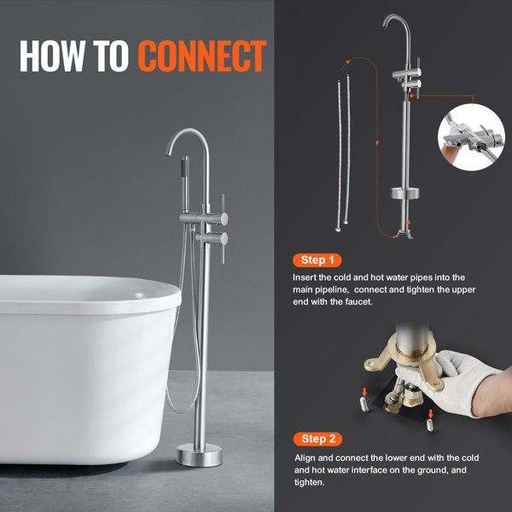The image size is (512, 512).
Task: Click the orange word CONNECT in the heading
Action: coord(201,55)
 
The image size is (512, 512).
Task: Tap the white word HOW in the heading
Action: coord(52,55)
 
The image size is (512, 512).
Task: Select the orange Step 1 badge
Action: coord(317,260)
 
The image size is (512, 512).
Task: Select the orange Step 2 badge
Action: coord(317,439)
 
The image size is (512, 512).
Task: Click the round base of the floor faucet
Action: coord(200,455)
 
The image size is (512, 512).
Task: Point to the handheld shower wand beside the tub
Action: coord(185,184)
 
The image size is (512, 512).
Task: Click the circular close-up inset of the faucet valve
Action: coord(471,137)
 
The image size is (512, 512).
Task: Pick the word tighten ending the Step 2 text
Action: coord(309,482)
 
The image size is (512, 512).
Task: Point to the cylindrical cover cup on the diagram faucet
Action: coord(404,193)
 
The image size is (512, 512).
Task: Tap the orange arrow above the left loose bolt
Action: coord(364,392)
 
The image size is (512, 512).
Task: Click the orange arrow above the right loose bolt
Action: coord(431,413)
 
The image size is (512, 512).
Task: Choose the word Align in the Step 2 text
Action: coord(305,458)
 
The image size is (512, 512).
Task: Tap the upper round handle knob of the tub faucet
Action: coord(224,218)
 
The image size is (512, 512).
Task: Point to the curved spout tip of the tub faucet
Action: coord(168,153)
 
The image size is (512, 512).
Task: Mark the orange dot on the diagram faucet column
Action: coord(412,96)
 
